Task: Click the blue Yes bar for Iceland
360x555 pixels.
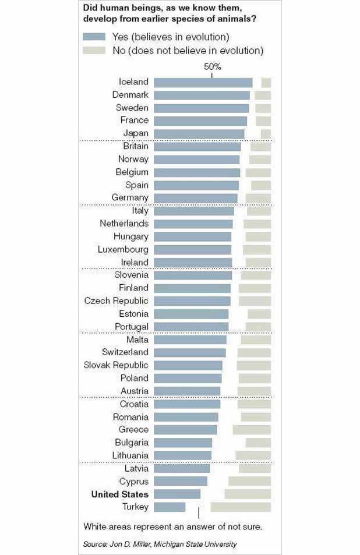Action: pos(203,82)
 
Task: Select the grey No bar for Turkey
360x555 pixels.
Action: pos(241,507)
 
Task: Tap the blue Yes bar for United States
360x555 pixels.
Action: pos(177,494)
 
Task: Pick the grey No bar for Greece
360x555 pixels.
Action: pos(252,430)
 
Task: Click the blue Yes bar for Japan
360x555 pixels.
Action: pos(199,133)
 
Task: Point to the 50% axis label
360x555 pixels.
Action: pos(212,66)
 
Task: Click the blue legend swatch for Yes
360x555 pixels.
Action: pos(94,37)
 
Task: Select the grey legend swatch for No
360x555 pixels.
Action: pos(94,50)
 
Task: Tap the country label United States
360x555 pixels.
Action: pos(119,494)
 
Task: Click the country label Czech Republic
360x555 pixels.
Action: pos(116,301)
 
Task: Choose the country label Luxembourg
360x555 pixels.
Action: pos(123,249)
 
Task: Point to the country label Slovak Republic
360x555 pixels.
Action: pos(116,365)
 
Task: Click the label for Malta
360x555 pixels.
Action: pos(137,340)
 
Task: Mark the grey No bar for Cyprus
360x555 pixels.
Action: pos(249,481)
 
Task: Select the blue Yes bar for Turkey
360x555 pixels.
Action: pos(170,507)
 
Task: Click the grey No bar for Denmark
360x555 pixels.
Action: pos(263,95)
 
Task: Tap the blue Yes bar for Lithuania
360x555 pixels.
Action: pos(183,455)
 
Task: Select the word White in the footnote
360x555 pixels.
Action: pos(95,527)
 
